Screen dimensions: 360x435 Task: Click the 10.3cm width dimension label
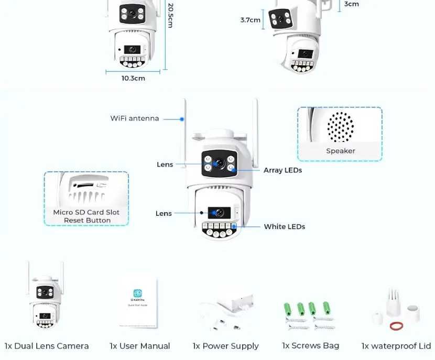pyautogui.click(x=133, y=78)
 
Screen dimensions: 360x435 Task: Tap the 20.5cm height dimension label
pyautogui.click(x=170, y=16)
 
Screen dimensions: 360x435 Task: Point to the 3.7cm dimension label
pyautogui.click(x=250, y=20)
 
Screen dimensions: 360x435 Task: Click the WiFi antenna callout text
pyautogui.click(x=134, y=118)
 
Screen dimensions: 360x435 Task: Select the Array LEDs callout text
pyautogui.click(x=282, y=170)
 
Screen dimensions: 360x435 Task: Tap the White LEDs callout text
pyautogui.click(x=284, y=227)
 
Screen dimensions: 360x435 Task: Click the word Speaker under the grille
pyautogui.click(x=340, y=151)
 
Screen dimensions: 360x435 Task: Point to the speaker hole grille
pyautogui.click(x=340, y=127)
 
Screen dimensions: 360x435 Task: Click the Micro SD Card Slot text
pyautogui.click(x=86, y=212)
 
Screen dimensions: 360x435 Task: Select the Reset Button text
pyautogui.click(x=87, y=221)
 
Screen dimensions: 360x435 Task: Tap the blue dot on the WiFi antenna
pyautogui.click(x=182, y=119)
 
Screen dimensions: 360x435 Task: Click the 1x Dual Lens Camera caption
pyautogui.click(x=47, y=346)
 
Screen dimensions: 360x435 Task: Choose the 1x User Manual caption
pyautogui.click(x=139, y=346)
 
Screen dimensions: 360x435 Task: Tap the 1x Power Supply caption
pyautogui.click(x=225, y=346)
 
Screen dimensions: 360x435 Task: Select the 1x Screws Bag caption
pyautogui.click(x=310, y=345)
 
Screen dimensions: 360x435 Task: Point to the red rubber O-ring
pyautogui.click(x=396, y=326)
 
